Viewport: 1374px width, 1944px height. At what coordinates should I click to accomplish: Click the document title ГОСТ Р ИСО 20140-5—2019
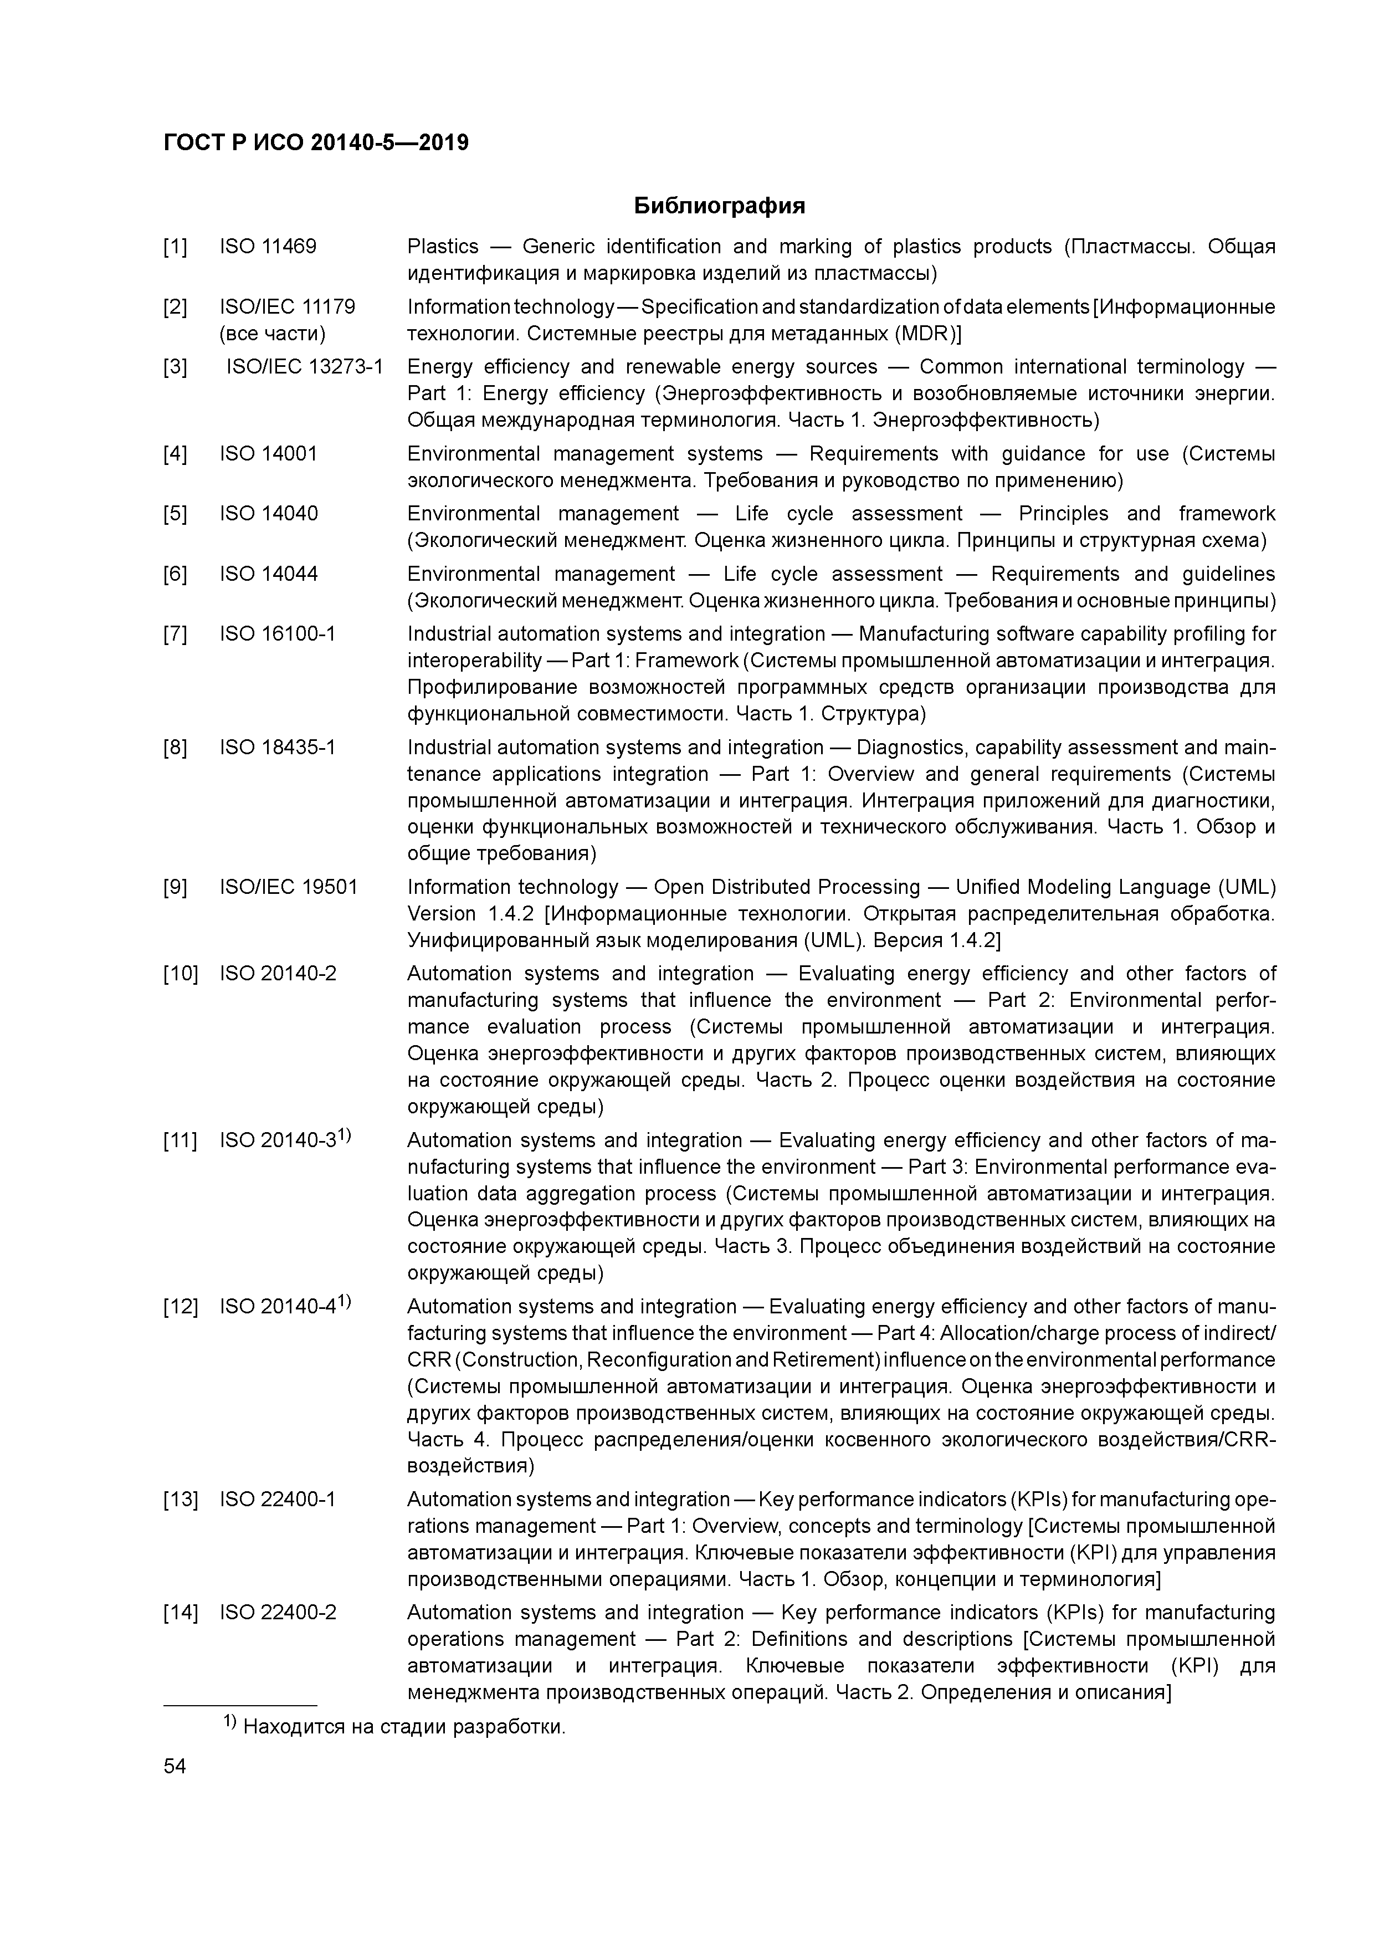(x=316, y=142)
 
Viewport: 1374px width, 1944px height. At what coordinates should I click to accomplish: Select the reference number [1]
(x=175, y=247)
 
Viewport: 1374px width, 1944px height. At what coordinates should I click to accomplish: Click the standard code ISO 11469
(x=268, y=247)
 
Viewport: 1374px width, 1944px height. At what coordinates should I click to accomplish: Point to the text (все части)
(x=273, y=334)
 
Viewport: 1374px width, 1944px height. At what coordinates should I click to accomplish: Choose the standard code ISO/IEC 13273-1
(x=304, y=367)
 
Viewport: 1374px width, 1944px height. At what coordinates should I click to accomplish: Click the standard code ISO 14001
(x=268, y=454)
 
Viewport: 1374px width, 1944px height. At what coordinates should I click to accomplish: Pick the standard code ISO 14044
(x=268, y=574)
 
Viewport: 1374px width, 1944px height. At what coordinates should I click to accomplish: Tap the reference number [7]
(x=175, y=634)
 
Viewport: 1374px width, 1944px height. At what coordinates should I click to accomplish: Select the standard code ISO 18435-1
(x=278, y=748)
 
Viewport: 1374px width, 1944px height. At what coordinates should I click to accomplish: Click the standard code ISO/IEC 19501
(x=289, y=887)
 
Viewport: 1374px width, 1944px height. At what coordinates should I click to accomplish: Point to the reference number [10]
(x=180, y=974)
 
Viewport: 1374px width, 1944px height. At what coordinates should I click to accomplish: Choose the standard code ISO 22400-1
(x=278, y=1500)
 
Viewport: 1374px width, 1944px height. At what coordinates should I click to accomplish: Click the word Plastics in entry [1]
(x=443, y=247)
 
